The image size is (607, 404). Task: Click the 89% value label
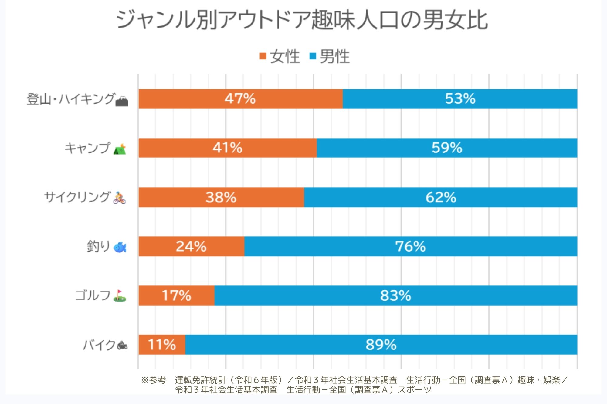381,345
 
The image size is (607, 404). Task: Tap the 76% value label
410,246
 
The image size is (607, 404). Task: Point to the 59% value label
447,148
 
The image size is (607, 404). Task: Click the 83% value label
395,295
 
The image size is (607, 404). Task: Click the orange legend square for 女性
263,56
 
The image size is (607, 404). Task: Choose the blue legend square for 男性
313,56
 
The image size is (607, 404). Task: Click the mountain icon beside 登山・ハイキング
122,101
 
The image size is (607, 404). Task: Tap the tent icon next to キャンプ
120,149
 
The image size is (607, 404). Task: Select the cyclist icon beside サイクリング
119,198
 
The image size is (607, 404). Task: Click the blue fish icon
120,247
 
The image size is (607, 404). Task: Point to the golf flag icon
120,296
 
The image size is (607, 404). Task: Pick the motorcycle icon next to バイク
122,345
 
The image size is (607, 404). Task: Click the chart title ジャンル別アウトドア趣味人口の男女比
302,20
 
